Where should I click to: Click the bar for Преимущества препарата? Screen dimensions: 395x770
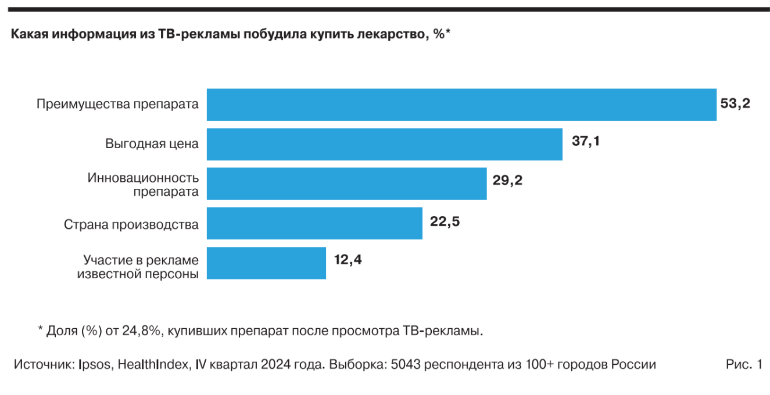pos(461,105)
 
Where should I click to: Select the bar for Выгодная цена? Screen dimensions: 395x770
pos(385,144)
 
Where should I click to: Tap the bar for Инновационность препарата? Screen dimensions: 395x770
pos(346,184)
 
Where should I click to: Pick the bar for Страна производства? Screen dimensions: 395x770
pos(314,223)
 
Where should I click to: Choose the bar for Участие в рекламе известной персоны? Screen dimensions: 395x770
pos(266,263)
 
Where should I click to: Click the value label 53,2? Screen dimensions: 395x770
pos(735,104)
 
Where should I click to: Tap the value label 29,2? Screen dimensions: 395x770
pos(507,180)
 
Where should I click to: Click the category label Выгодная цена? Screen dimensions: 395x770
pos(152,143)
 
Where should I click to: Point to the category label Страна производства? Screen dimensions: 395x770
pos(131,224)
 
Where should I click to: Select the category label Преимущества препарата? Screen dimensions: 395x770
pos(117,105)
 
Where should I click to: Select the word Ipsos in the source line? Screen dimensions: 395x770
pos(95,365)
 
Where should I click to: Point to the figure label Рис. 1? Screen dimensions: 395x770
pos(743,365)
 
